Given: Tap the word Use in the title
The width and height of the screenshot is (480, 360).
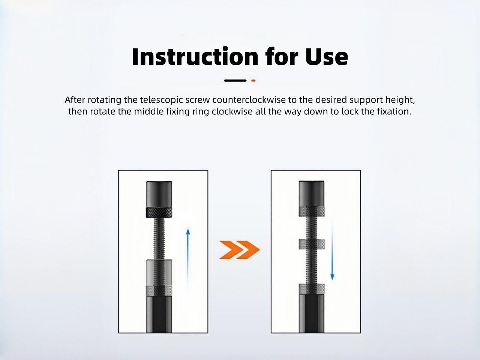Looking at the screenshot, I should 326,57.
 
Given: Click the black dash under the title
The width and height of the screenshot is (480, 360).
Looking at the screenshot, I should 235,80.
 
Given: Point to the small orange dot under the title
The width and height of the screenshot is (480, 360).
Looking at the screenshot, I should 253,80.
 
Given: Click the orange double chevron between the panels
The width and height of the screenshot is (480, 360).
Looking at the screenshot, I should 239,250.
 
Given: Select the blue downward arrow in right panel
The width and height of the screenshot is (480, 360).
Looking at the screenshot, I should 332,255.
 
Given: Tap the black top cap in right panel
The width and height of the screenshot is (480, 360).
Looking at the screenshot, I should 312,193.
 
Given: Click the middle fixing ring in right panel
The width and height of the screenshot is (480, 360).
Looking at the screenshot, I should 312,244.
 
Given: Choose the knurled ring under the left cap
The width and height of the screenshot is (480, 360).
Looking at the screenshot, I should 159,212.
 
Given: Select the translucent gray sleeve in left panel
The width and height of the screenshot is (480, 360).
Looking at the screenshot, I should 159,272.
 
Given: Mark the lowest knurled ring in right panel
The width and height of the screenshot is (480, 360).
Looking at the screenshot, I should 312,289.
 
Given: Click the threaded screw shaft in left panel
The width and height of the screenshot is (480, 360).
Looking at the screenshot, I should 159,238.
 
